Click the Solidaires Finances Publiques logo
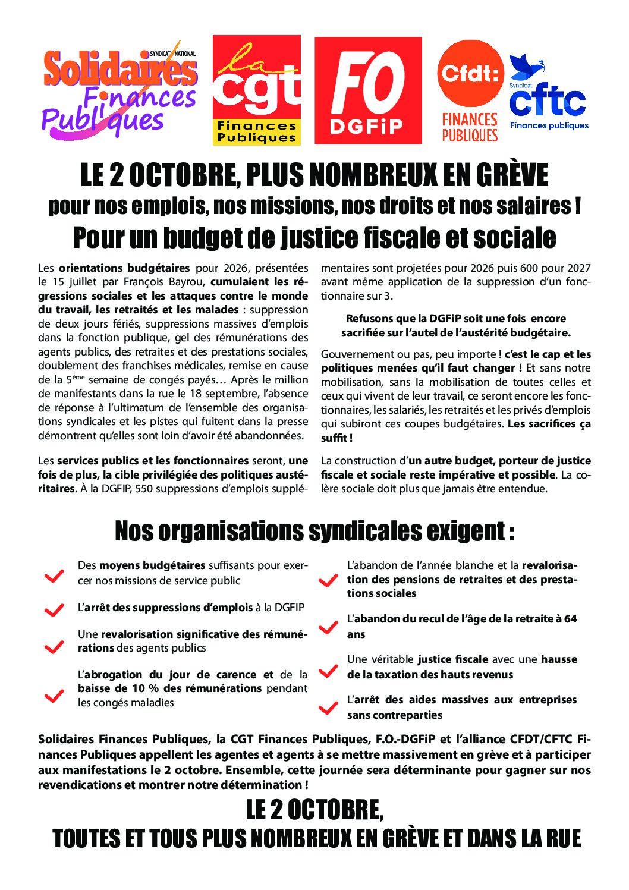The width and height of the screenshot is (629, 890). pos(119,89)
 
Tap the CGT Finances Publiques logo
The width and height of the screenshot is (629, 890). pos(256,90)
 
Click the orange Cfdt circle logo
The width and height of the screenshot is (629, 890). pos(470,73)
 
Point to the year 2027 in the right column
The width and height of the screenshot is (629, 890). pos(579,268)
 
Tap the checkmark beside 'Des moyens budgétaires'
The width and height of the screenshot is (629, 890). pos(54,575)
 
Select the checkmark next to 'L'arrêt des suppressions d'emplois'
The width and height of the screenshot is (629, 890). pos(54,610)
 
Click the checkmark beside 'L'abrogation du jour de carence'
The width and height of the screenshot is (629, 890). pos(54,696)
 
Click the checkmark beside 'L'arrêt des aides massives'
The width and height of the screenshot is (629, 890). pos(328,708)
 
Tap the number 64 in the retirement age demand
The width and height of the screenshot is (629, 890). pos(571,619)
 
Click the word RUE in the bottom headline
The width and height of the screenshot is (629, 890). pos(561,838)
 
